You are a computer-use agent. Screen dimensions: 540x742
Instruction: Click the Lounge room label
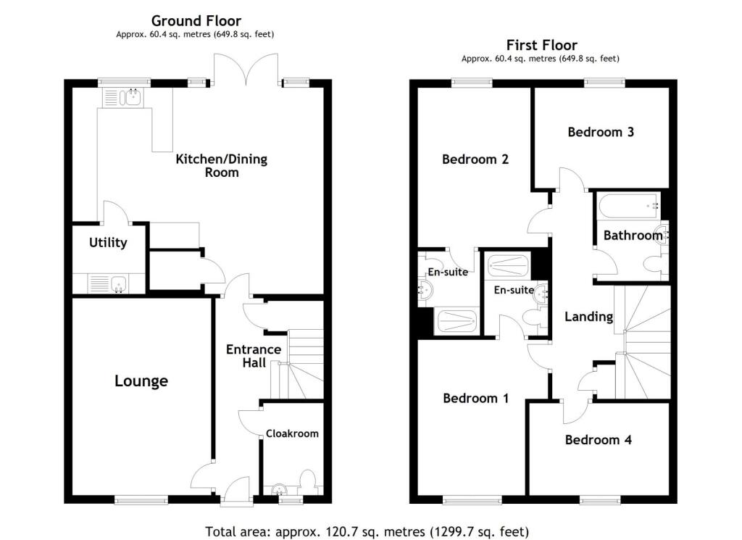tap(141, 381)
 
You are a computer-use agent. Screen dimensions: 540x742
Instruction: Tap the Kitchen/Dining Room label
tap(221, 165)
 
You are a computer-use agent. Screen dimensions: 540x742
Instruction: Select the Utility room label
tap(108, 242)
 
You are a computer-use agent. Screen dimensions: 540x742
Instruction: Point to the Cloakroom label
tap(292, 433)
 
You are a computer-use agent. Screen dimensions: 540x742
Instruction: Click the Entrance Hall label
tap(253, 355)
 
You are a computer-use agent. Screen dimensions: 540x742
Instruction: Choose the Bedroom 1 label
tap(475, 398)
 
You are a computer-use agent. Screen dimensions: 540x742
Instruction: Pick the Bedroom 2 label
tap(475, 159)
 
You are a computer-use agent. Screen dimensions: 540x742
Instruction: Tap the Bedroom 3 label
tap(601, 132)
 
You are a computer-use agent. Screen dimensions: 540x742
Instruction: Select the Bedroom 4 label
tap(598, 440)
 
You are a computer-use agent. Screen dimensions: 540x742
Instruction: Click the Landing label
tap(588, 316)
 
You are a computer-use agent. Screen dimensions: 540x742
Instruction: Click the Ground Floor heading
tap(196, 21)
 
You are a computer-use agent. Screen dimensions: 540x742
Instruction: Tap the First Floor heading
tap(541, 45)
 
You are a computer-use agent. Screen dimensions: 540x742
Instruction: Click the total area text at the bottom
tap(367, 531)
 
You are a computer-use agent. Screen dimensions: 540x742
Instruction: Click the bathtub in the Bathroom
tap(628, 206)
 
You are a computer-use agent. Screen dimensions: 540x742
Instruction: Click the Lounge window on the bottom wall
tap(141, 499)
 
